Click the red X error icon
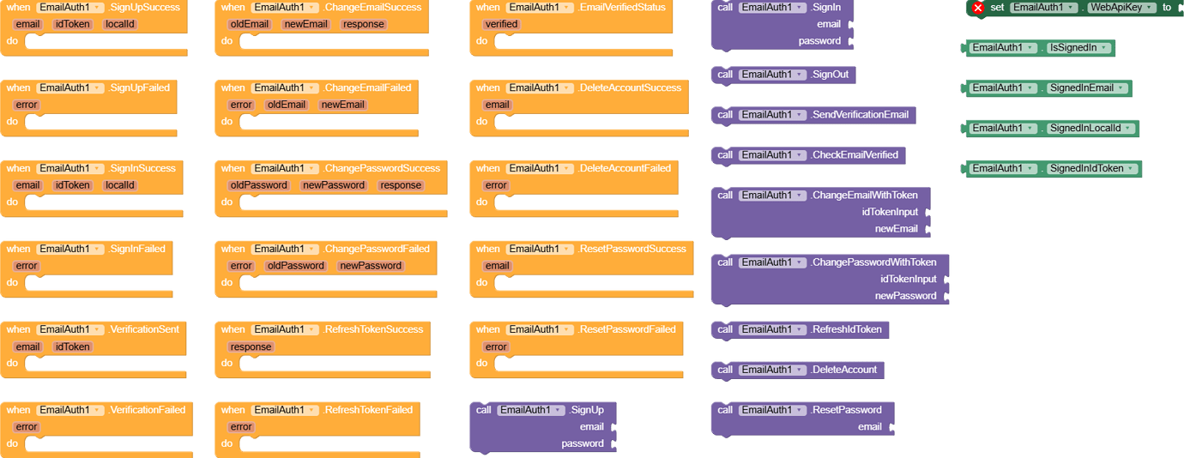point(977,8)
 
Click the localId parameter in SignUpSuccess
point(119,25)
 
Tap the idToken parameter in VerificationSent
point(73,347)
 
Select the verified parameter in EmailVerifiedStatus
point(501,25)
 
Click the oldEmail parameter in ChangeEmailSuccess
point(250,25)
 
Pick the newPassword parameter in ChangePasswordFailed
point(371,267)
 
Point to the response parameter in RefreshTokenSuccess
point(251,347)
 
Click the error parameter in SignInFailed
point(27,267)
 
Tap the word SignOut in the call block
point(830,75)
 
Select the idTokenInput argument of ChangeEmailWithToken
point(890,212)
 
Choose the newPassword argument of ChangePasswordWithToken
point(905,296)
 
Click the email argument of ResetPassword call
point(869,427)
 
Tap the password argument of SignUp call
point(583,444)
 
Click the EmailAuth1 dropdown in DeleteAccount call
point(773,370)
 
